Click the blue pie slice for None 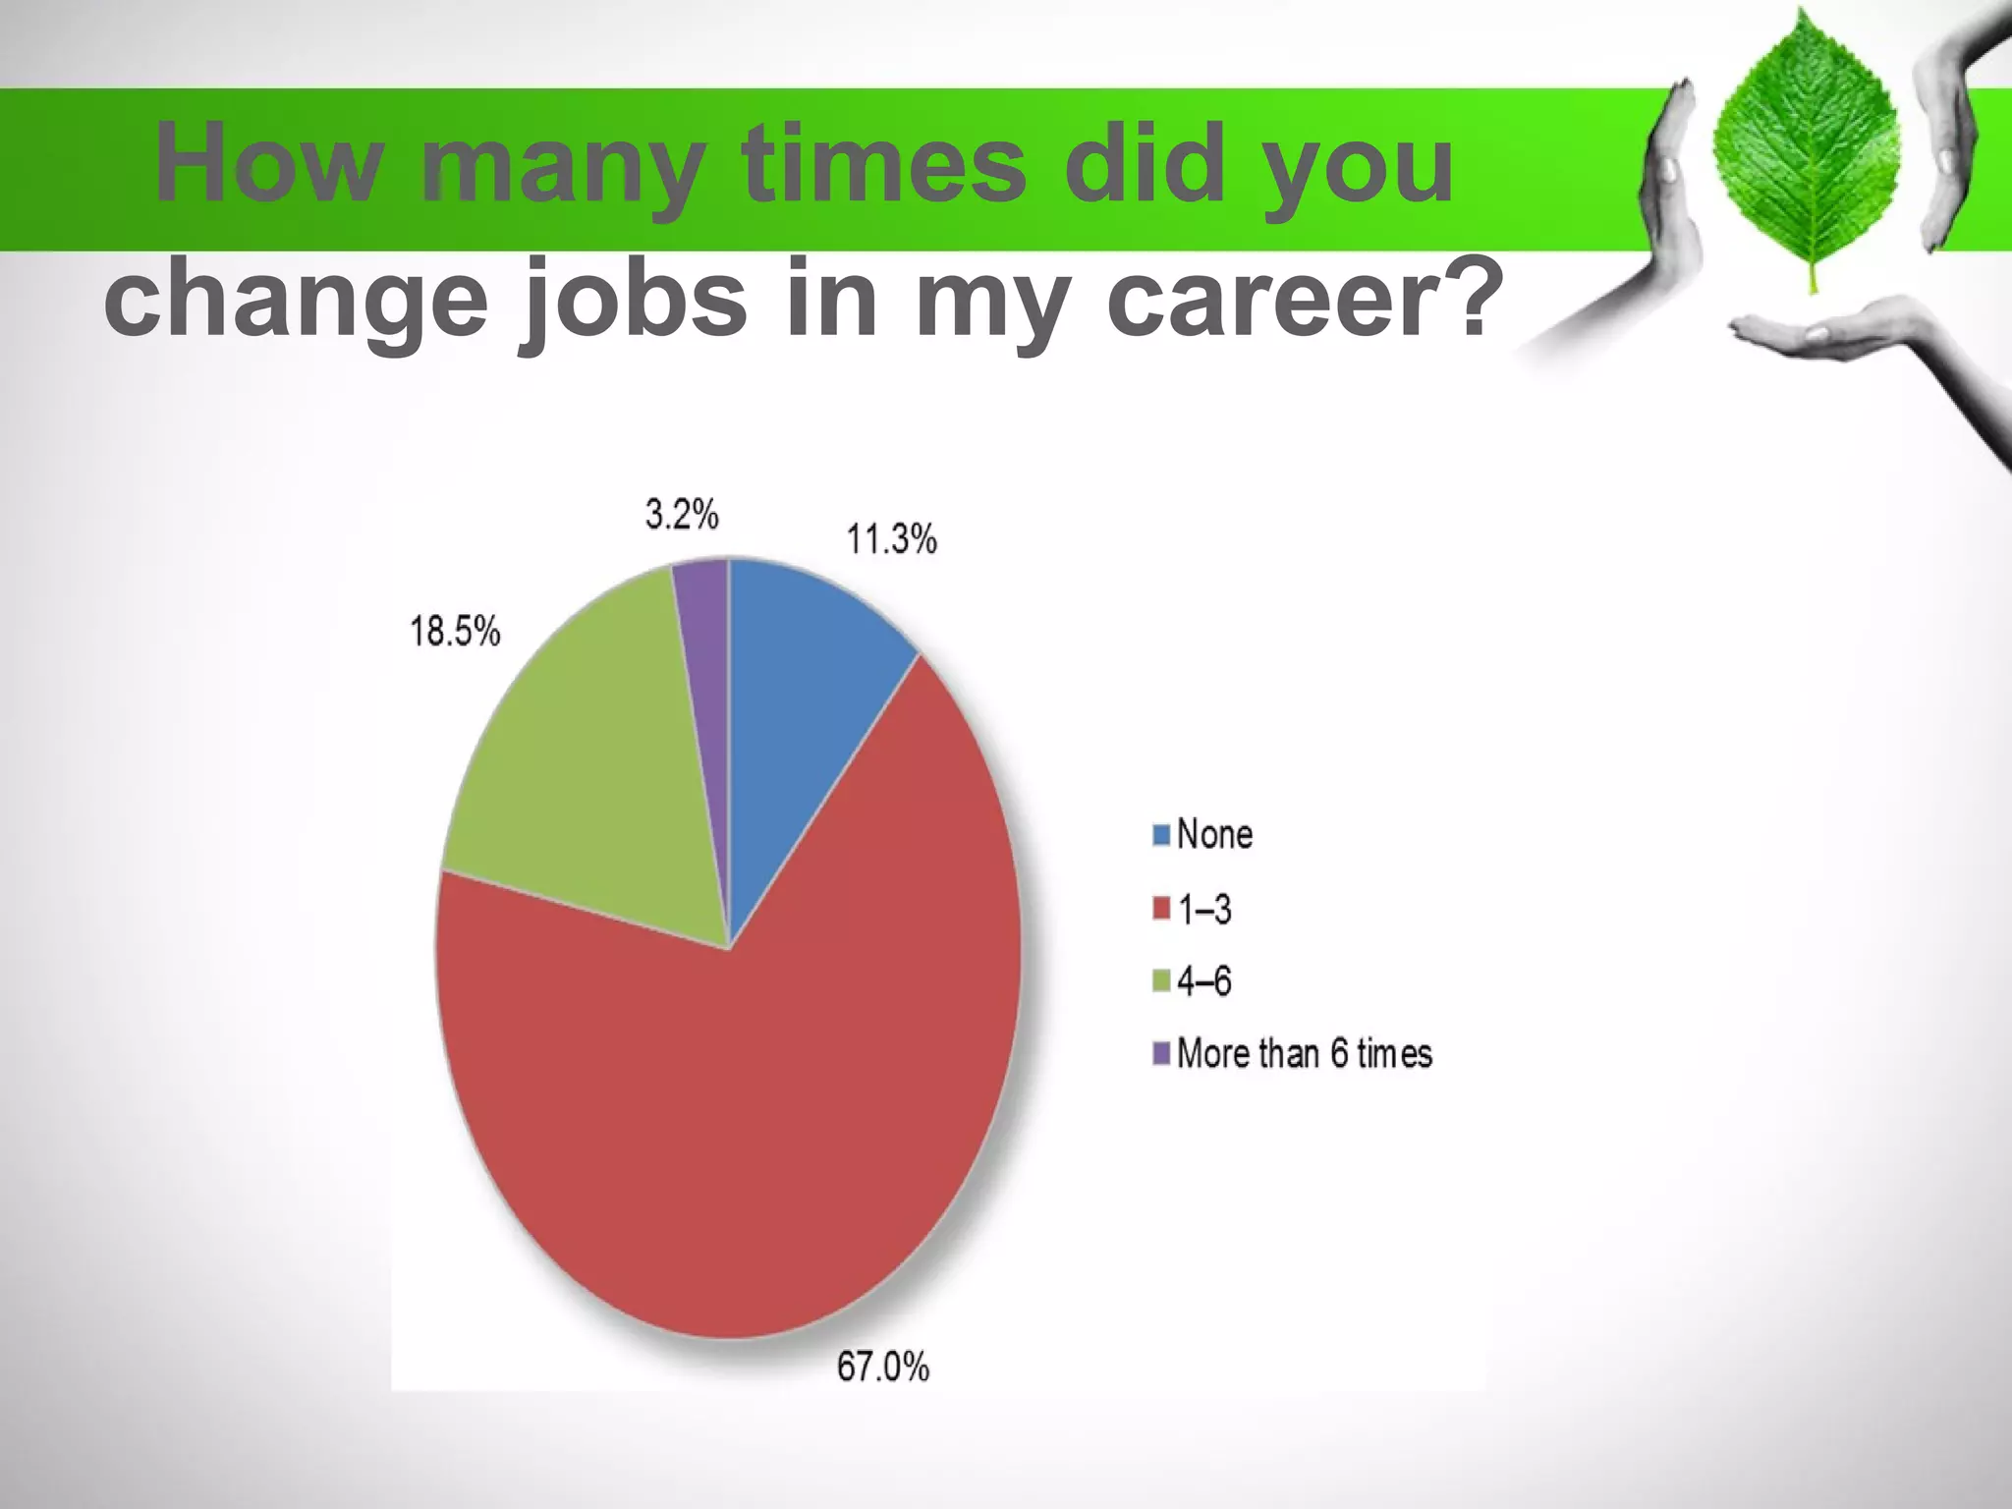pyautogui.click(x=806, y=688)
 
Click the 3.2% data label pyautogui.click(x=682, y=514)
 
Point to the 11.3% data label pyautogui.click(x=891, y=539)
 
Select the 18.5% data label pyautogui.click(x=455, y=631)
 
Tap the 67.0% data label pyautogui.click(x=882, y=1367)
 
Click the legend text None pyautogui.click(x=1214, y=834)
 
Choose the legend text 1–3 pyautogui.click(x=1204, y=910)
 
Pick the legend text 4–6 pyautogui.click(x=1204, y=981)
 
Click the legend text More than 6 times pyautogui.click(x=1304, y=1053)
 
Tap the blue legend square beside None pyautogui.click(x=1161, y=835)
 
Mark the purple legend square pyautogui.click(x=1161, y=1053)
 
